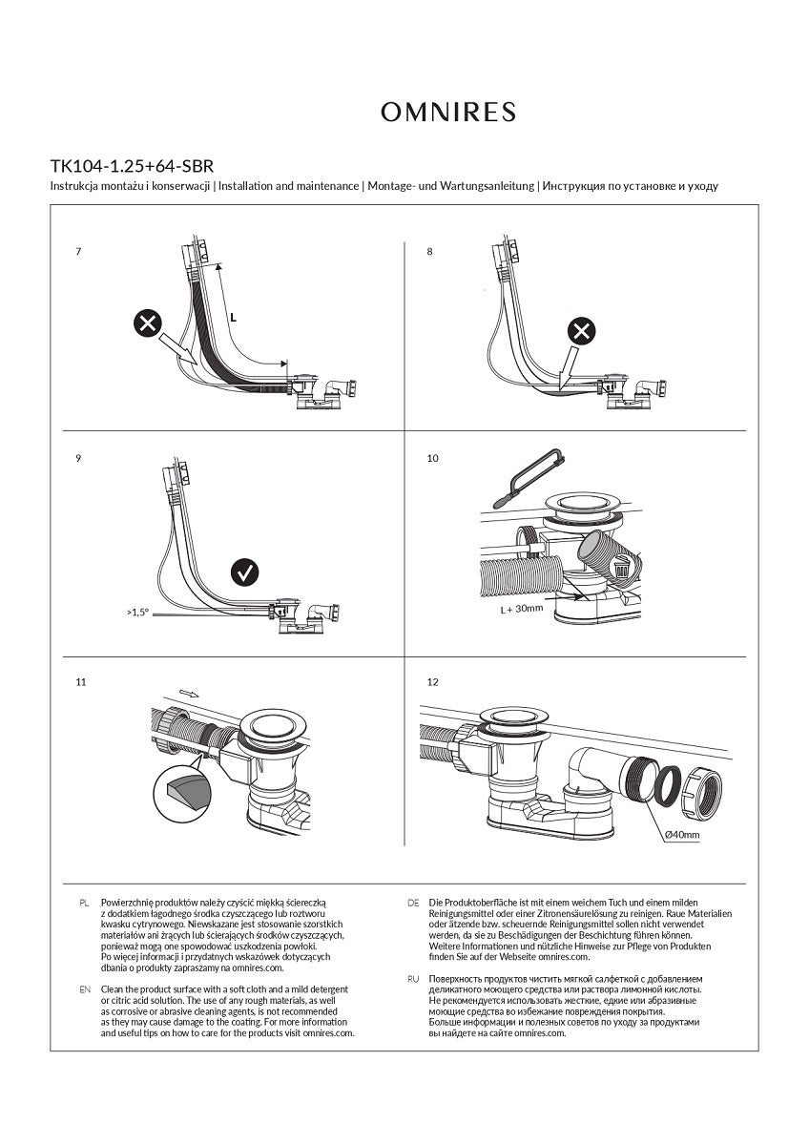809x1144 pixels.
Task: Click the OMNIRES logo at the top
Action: pos(448,113)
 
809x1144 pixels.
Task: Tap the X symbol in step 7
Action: pos(146,324)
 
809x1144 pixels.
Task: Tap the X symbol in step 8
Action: pos(582,332)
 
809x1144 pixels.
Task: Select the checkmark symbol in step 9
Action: pos(245,572)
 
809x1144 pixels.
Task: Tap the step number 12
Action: pos(433,682)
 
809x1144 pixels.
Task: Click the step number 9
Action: pos(77,459)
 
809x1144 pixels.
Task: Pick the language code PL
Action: pos(84,902)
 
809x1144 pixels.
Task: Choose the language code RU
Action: pos(413,980)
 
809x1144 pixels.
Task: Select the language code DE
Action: pos(413,902)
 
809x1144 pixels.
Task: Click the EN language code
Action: pos(84,989)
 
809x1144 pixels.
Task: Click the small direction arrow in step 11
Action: pos(188,694)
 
